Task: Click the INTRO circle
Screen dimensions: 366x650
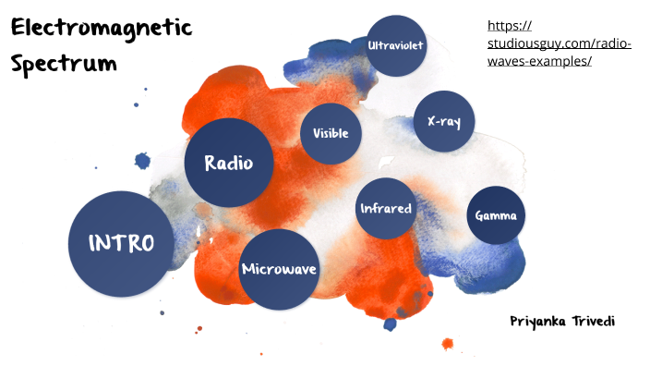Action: coord(121,243)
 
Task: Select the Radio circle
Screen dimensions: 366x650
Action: coord(229,164)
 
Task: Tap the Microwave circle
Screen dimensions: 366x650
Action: coord(279,269)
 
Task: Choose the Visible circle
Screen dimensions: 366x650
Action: coord(331,133)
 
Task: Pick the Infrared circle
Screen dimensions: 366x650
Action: coord(385,208)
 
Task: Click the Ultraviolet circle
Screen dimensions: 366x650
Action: coord(396,45)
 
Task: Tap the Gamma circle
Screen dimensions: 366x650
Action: coord(496,215)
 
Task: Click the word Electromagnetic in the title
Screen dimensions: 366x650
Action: coord(101,29)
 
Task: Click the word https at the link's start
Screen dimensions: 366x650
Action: coord(508,26)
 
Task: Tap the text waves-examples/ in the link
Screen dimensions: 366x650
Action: coord(537,61)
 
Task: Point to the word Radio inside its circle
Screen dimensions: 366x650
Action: coord(229,164)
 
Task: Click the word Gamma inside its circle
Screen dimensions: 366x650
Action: coord(496,216)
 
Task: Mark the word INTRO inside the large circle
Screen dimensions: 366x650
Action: coord(121,243)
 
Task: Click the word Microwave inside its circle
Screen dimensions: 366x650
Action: coord(279,269)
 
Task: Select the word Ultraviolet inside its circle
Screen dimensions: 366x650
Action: coord(396,45)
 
